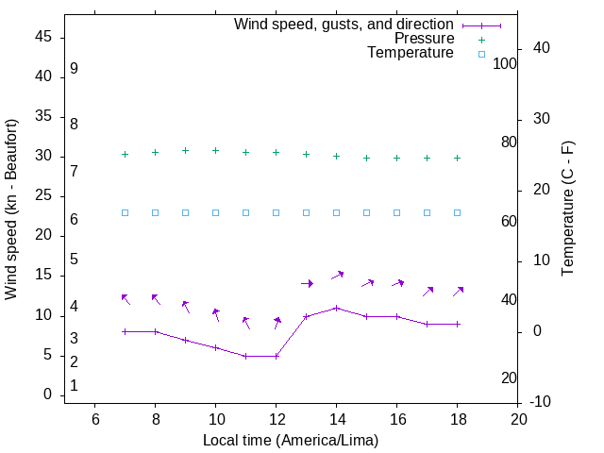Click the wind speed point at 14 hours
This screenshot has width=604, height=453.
tap(337, 308)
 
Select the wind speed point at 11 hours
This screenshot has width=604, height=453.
tap(246, 356)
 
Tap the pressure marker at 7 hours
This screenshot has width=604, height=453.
tap(125, 154)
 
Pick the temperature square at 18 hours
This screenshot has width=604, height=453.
tap(458, 212)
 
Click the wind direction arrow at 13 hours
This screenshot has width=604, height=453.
tap(307, 283)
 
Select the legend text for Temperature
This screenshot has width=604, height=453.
tap(411, 53)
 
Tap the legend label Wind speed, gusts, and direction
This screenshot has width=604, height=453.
tap(344, 24)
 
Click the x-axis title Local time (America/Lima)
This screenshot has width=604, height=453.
tap(291, 440)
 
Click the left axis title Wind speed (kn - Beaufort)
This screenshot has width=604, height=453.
tap(11, 210)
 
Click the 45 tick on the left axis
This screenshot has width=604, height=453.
tap(43, 37)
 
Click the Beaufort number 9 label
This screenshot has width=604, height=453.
tap(74, 69)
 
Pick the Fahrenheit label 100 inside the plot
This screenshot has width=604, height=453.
tap(506, 63)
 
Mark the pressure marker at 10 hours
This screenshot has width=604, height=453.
tap(216, 150)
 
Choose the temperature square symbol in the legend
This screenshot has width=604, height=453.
tap(480, 54)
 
